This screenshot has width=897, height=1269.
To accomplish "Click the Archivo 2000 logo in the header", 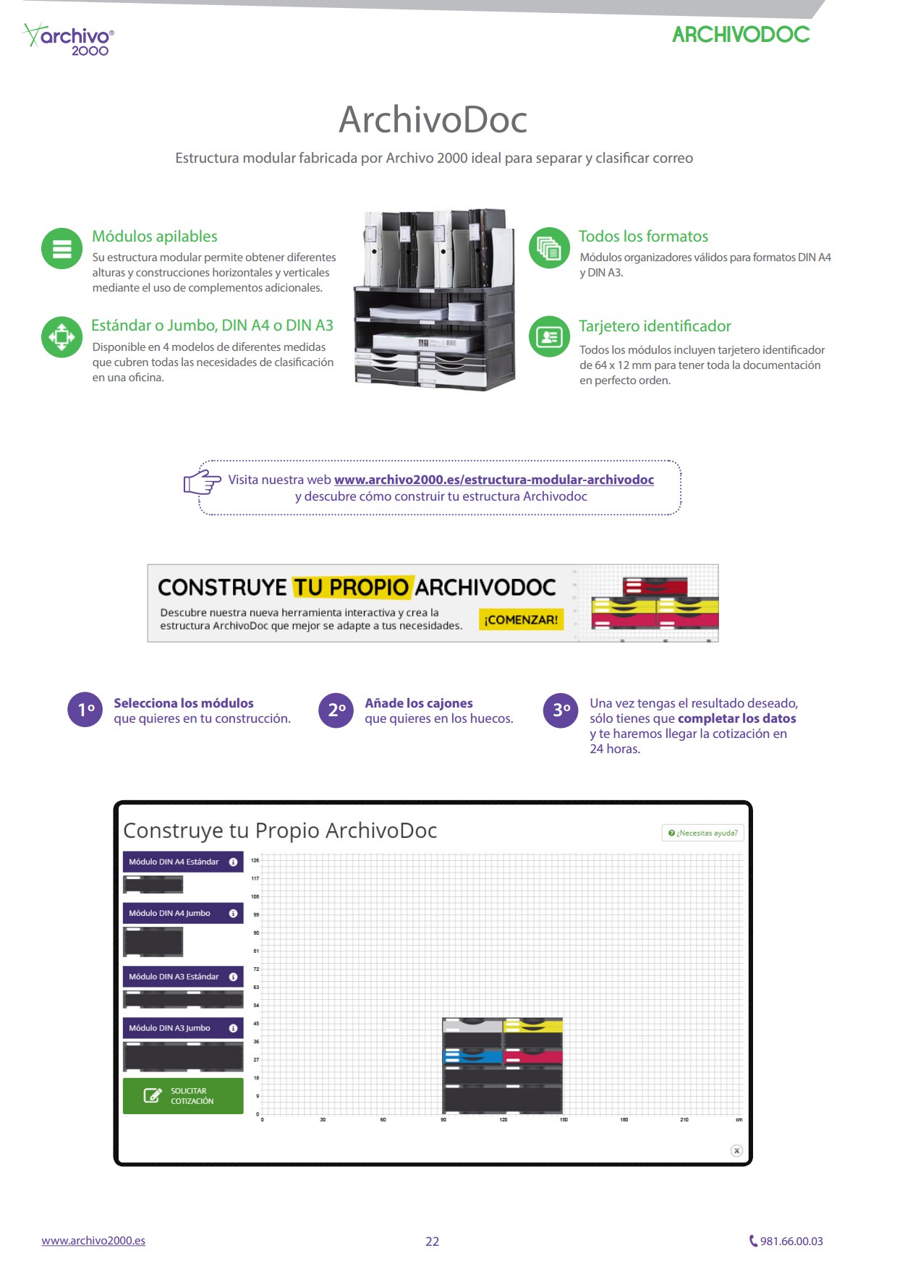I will (x=69, y=39).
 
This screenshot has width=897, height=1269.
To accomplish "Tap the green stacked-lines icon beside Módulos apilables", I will (x=62, y=249).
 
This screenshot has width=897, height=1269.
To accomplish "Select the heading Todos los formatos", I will (x=643, y=237).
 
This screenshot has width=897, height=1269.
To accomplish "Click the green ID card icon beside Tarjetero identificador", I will (x=550, y=336).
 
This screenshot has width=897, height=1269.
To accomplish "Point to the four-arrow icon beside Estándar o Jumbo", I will (x=62, y=337).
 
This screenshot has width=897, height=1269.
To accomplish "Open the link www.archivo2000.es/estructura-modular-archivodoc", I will (x=493, y=480).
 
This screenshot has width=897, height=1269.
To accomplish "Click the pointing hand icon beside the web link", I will (x=202, y=481).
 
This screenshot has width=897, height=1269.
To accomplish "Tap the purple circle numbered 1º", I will (x=85, y=710).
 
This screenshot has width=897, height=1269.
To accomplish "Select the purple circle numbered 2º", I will (x=336, y=710).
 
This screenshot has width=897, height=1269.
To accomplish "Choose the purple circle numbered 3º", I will (x=561, y=710).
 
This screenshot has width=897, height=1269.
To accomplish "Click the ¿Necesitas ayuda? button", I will (x=703, y=833).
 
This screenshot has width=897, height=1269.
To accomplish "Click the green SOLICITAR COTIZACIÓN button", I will (x=183, y=1096).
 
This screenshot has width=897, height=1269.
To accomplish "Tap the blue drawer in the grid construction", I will (x=472, y=1056).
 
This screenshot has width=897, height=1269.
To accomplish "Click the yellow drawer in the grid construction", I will (x=533, y=1025).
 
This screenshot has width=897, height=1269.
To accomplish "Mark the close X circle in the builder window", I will (x=736, y=1150).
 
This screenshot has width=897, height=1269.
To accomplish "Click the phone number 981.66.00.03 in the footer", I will (x=786, y=1241).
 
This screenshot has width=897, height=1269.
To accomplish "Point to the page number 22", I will (x=432, y=1242).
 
